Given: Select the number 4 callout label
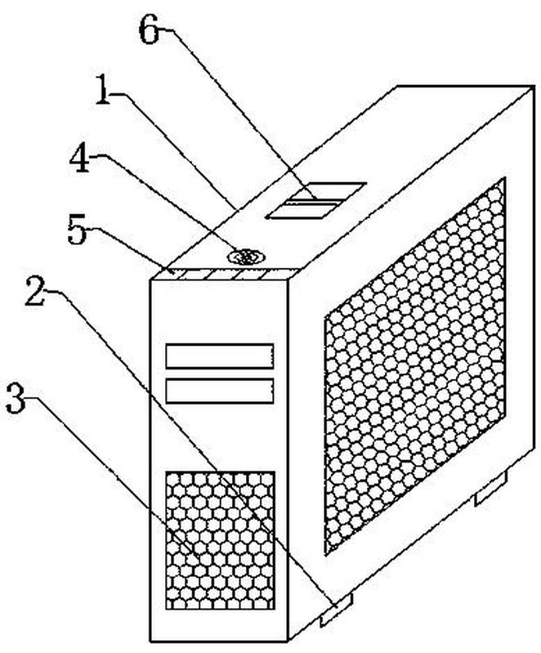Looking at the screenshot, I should (78, 159).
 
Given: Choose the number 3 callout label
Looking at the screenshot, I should (17, 398).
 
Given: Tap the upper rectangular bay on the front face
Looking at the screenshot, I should (219, 356).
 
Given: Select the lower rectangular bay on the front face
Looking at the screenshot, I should (219, 390).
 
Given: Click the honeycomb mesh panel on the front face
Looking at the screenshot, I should (220, 540).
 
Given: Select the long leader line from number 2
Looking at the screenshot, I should (188, 441).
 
